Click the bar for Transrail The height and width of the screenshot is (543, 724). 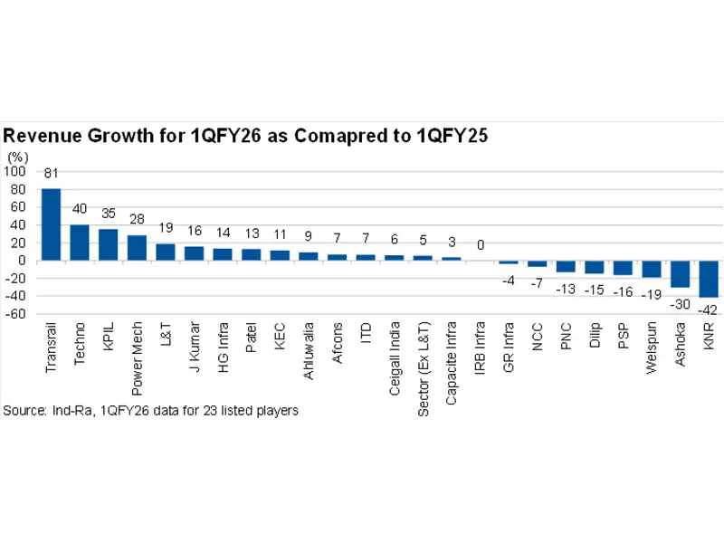[x=51, y=224]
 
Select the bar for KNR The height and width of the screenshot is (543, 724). [x=709, y=279]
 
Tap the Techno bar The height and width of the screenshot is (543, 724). [x=80, y=243]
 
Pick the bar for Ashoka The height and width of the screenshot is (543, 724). [x=680, y=273]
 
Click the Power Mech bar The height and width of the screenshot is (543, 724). [x=137, y=248]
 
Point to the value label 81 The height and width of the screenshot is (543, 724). [x=51, y=174]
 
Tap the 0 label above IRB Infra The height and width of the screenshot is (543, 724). [x=481, y=245]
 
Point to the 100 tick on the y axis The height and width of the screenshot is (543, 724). [x=15, y=171]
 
